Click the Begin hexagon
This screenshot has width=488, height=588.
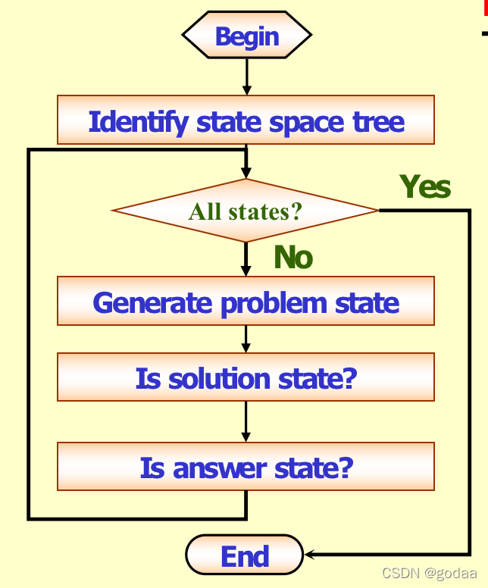246,36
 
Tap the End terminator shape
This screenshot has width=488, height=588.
244,556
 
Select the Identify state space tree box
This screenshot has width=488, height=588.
246,120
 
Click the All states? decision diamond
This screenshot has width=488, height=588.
245,211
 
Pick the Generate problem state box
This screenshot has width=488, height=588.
246,302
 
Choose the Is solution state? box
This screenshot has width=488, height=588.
246,377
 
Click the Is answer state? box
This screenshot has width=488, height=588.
246,468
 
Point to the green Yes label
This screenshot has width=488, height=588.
425,186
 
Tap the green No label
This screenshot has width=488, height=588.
292,258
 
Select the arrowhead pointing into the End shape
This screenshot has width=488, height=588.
309,555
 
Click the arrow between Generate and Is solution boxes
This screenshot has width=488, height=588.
246,339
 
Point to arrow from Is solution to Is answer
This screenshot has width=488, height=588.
246,421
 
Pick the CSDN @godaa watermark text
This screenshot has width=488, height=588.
430,573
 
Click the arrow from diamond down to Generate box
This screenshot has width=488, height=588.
246,259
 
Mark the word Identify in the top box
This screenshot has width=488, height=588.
138,121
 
